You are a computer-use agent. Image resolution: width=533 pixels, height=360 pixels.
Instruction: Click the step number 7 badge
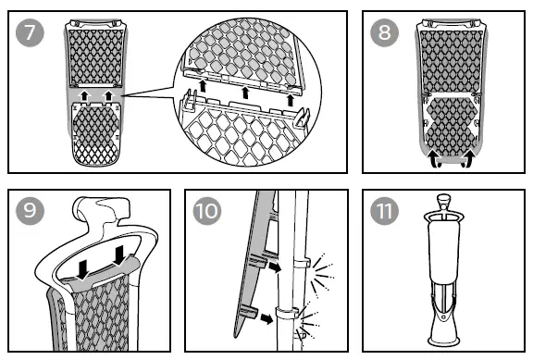coord(30,32)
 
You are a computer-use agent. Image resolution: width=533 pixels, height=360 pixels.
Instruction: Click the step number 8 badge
coord(384,32)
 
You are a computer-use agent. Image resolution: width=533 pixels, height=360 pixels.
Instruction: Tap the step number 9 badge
coord(30,211)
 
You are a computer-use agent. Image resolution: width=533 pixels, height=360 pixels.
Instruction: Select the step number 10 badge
coord(207,211)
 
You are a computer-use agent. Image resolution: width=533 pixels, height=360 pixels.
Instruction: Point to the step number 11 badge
coord(384,211)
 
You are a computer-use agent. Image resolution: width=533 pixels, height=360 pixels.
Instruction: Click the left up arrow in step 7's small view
coord(83,95)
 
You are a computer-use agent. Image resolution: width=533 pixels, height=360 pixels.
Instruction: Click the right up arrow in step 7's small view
coord(108,95)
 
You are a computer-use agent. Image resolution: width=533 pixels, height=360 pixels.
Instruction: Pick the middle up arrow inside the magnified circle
coord(245,93)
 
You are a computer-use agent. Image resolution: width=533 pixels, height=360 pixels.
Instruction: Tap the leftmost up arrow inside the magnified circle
coord(203,86)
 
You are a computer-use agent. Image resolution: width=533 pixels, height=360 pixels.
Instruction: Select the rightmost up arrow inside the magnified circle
coord(290,100)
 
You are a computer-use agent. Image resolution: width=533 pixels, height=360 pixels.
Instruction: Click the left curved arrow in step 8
coord(433,158)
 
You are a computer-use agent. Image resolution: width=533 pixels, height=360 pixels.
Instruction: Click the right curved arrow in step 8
coord(469,158)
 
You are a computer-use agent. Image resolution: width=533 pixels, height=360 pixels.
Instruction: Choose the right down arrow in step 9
coord(119,255)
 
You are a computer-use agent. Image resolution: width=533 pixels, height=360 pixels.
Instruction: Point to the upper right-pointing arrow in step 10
coord(275,267)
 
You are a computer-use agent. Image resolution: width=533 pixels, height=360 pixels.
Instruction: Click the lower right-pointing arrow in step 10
coord(266,318)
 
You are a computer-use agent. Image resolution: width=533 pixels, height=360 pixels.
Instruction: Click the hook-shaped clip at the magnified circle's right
coord(303,118)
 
